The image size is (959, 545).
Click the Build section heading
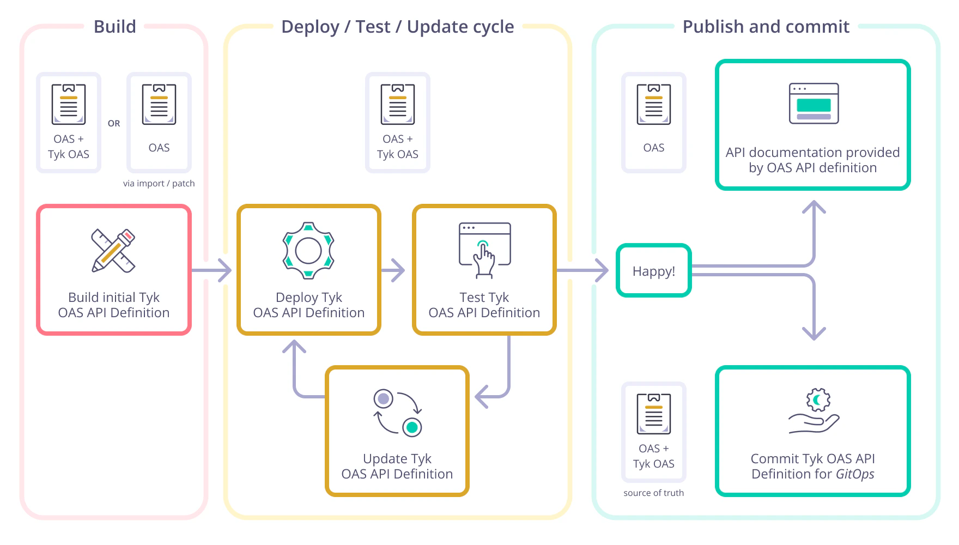click(114, 27)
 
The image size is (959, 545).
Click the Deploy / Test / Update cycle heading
click(397, 27)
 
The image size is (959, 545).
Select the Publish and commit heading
click(766, 27)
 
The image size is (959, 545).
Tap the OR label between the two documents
click(114, 124)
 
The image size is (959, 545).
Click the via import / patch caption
click(159, 184)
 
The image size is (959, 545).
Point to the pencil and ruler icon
click(113, 251)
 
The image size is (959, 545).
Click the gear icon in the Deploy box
click(308, 251)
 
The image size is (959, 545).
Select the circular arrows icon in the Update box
click(397, 413)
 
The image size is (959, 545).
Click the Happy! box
click(653, 271)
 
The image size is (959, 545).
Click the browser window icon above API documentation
click(814, 104)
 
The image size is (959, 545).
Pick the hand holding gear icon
click(814, 411)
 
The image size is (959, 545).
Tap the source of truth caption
click(653, 493)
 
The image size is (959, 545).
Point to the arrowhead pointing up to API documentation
click(814, 207)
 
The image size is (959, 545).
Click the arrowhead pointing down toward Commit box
click(814, 333)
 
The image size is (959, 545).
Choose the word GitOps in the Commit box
click(855, 474)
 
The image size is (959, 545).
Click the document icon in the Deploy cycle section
click(397, 104)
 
